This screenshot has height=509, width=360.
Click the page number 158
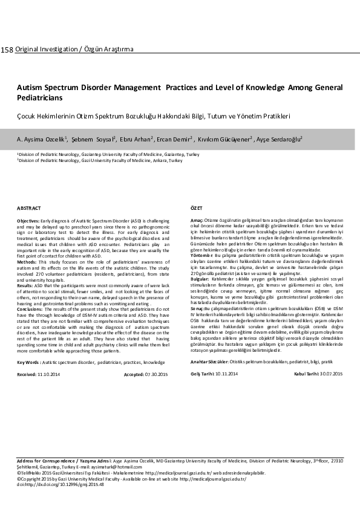coord(7,48)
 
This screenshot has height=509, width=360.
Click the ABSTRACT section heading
coord(28,207)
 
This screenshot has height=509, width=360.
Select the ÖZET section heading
coord(196,207)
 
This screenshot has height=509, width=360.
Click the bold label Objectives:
coord(28,221)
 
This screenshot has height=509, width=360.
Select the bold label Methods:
coord(27,262)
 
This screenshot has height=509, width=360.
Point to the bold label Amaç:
coord(197,221)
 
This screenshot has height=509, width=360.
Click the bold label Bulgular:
coord(201,278)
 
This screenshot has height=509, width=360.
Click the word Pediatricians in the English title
coord(39,97)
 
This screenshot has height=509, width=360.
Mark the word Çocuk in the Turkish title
coord(26,115)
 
